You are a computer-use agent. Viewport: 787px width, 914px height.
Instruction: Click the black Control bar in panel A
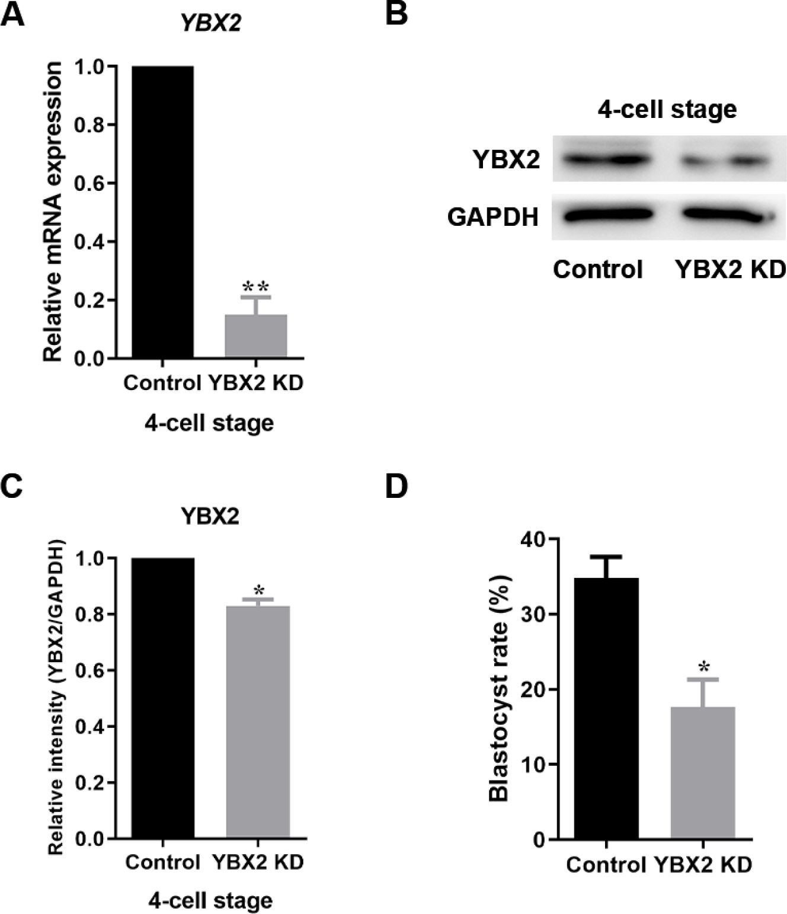tap(162, 212)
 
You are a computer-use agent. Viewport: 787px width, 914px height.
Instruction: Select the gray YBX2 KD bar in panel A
tap(257, 336)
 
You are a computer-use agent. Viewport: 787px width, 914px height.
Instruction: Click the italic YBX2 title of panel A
tap(212, 23)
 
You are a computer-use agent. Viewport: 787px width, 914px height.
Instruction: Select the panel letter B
tap(396, 12)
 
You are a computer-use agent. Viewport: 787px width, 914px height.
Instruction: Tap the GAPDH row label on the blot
tap(493, 217)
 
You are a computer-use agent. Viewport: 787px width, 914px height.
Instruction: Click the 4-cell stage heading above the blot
tap(667, 110)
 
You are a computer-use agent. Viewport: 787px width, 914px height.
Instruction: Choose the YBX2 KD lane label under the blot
tap(730, 270)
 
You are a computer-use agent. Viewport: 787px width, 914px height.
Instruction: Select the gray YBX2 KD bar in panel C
tap(258, 722)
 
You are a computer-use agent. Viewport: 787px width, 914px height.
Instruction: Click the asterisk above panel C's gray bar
tap(258, 590)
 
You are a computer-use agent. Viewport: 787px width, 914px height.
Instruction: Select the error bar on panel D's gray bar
tap(703, 692)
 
